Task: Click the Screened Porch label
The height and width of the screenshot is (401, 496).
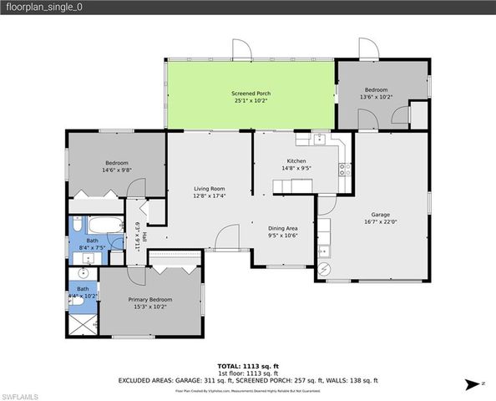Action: (251, 93)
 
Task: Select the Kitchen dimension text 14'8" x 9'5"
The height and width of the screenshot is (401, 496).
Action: (297, 168)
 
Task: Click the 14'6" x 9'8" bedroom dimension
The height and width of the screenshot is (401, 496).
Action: (116, 170)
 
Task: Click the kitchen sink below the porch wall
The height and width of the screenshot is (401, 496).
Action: (319, 138)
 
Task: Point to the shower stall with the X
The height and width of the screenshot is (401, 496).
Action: (82, 322)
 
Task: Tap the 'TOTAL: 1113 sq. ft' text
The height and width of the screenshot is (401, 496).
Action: (248, 366)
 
